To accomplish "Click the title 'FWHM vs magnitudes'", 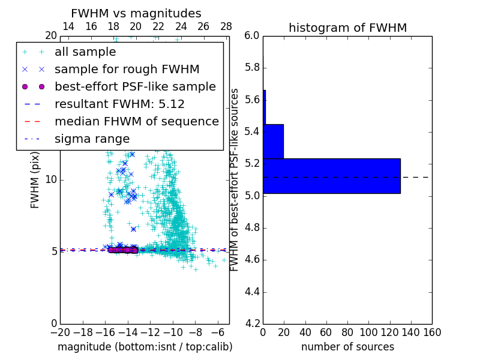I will (x=136, y=13).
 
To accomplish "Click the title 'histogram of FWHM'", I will (x=347, y=28).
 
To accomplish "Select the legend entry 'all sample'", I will (x=85, y=52).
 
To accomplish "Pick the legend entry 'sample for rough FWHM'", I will (x=127, y=69).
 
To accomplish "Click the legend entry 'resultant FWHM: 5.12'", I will (x=119, y=104).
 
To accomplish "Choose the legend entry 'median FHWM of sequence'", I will (x=136, y=121).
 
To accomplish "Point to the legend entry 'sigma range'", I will (x=92, y=139).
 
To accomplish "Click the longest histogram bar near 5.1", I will (x=331, y=176).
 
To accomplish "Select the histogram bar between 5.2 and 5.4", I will (x=273, y=142).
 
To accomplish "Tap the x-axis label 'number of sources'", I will (x=347, y=347).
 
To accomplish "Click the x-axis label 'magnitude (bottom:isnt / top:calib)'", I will (x=145, y=347).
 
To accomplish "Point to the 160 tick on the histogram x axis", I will (x=432, y=332).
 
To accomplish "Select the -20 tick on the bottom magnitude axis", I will (x=59, y=332).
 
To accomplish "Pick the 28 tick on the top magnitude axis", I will (x=226, y=26).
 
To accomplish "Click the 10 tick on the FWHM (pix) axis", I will (x=51, y=179).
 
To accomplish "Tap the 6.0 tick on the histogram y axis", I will (x=251, y=35).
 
